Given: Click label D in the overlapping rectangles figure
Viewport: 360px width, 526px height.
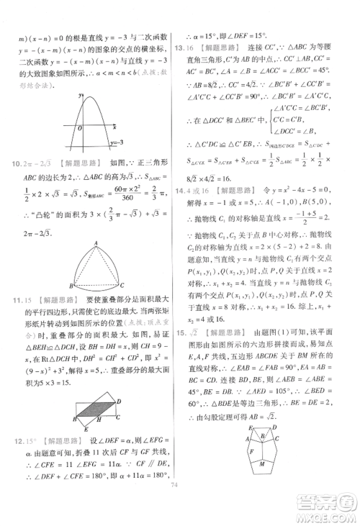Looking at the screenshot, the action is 120,400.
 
